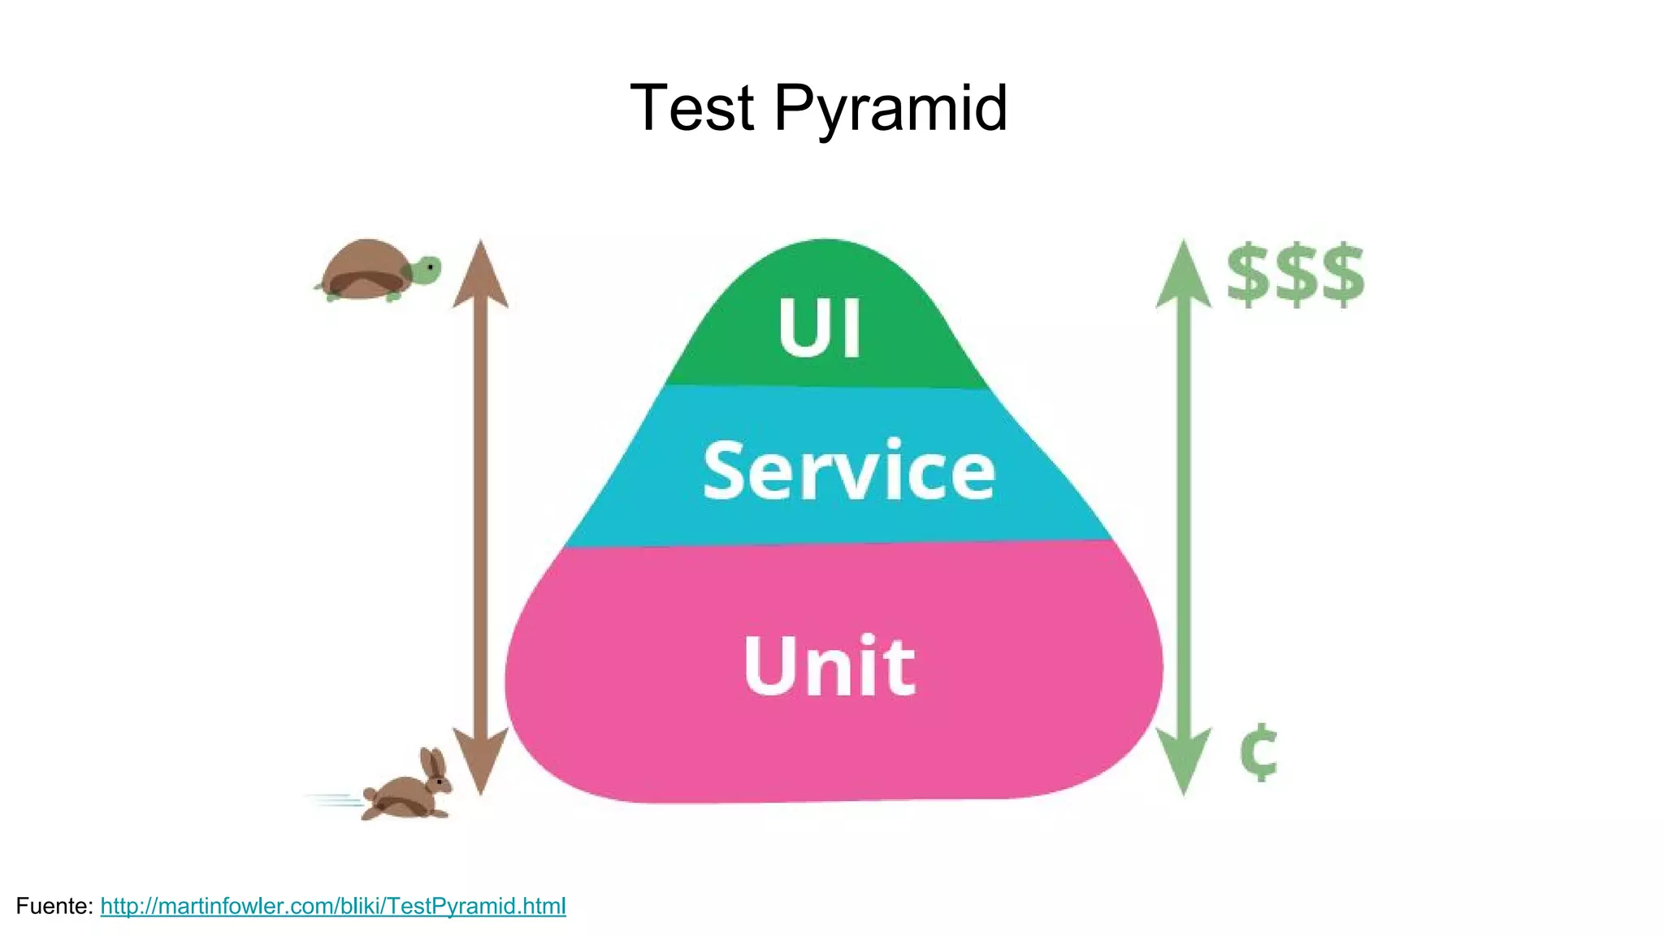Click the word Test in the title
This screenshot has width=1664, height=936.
tap(692, 108)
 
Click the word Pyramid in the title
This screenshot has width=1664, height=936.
tap(890, 108)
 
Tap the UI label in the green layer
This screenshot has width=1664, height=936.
tap(819, 327)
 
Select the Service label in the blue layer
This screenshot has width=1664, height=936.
tap(849, 470)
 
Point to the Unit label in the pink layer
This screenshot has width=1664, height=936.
tap(830, 665)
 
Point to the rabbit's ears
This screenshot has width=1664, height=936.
tap(434, 762)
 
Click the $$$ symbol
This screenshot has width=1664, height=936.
tap(1295, 275)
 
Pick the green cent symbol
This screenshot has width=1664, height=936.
tap(1259, 752)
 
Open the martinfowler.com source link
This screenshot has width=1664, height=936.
tap(333, 906)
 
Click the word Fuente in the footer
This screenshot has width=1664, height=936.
tap(54, 906)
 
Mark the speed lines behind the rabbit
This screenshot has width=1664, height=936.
tap(335, 801)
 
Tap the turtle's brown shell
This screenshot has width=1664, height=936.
tap(365, 266)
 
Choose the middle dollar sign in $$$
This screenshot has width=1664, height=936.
tap(1295, 275)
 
